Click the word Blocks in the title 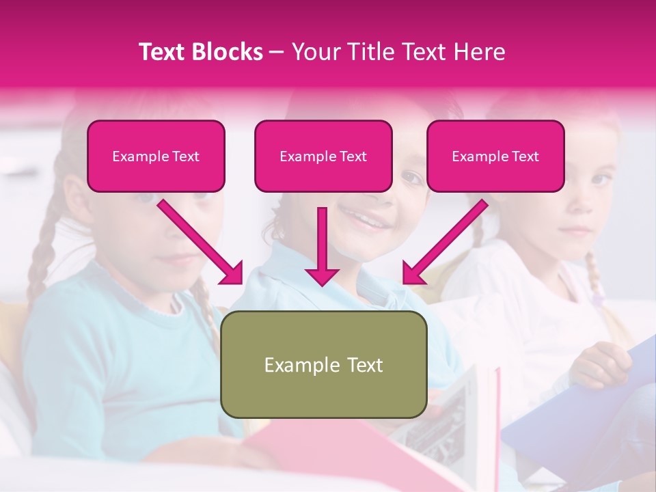(228, 52)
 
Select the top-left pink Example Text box (156, 156)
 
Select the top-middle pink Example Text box (323, 156)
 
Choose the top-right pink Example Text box (495, 156)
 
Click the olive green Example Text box (323, 364)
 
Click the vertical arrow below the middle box (322, 246)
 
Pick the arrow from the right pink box (445, 242)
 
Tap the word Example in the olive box (292, 365)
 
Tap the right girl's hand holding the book (601, 361)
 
